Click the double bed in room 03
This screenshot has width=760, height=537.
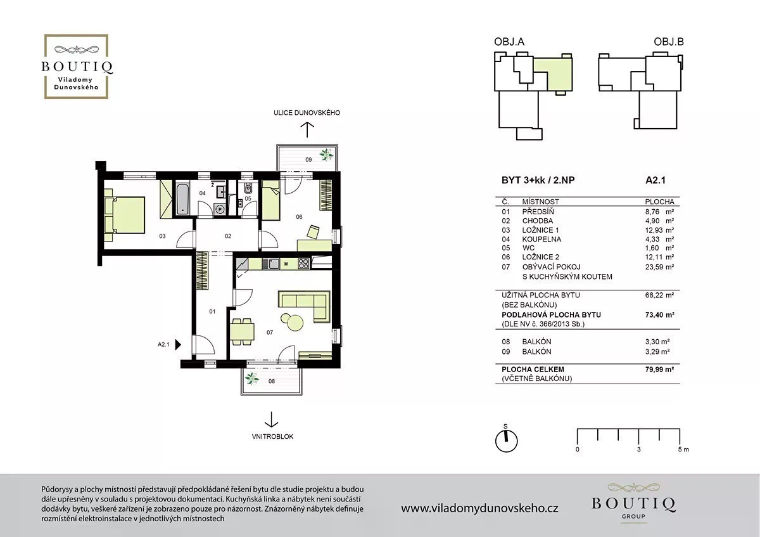point(125,215)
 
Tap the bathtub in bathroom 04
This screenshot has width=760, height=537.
point(182,199)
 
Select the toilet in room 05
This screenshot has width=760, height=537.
point(248,188)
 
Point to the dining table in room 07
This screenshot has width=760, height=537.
point(242,332)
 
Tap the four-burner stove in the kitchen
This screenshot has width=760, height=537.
point(303,264)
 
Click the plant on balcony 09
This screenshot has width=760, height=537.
point(326,155)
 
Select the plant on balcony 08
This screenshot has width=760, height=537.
point(252,378)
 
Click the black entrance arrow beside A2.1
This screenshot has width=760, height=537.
point(178,344)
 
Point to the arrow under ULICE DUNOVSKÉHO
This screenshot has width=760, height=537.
point(307,130)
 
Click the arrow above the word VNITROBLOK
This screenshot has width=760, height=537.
point(271,420)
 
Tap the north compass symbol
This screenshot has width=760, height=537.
point(506,441)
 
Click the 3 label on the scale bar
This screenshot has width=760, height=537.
point(639,450)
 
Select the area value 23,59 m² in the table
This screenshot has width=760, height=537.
point(659,267)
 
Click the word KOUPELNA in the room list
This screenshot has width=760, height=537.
point(541,239)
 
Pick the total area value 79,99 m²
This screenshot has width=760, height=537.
point(659,369)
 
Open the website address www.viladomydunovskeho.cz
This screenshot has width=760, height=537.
point(479,508)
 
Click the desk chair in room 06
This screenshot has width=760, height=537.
point(313,231)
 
